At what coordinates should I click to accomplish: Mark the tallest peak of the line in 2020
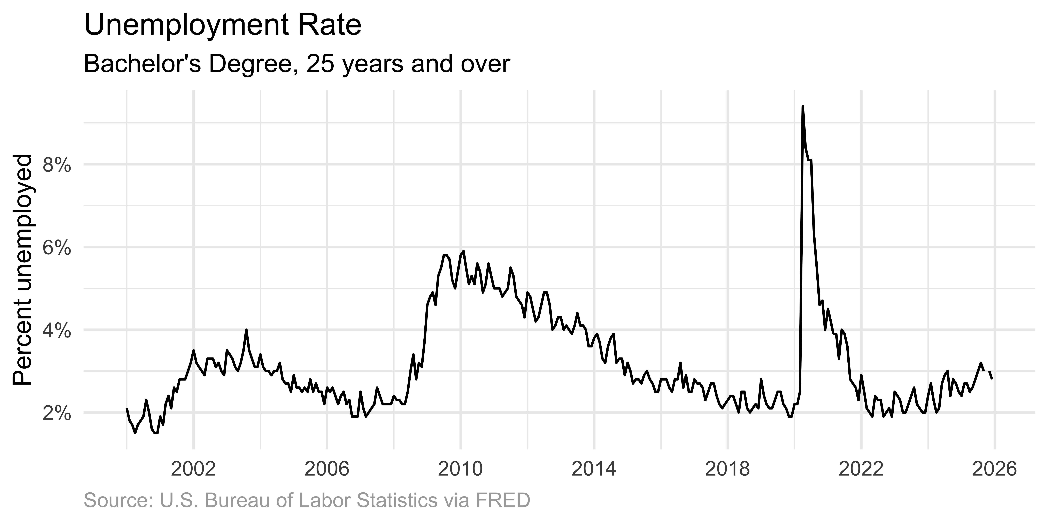(x=803, y=107)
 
